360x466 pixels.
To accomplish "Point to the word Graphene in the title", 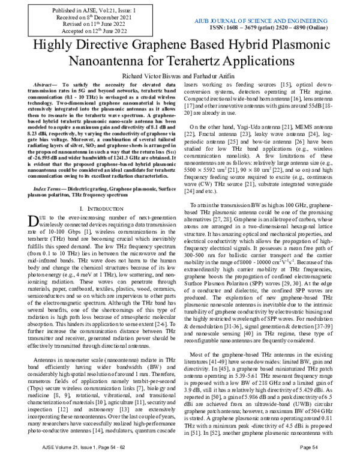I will pyautogui.click(x=146, y=46).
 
